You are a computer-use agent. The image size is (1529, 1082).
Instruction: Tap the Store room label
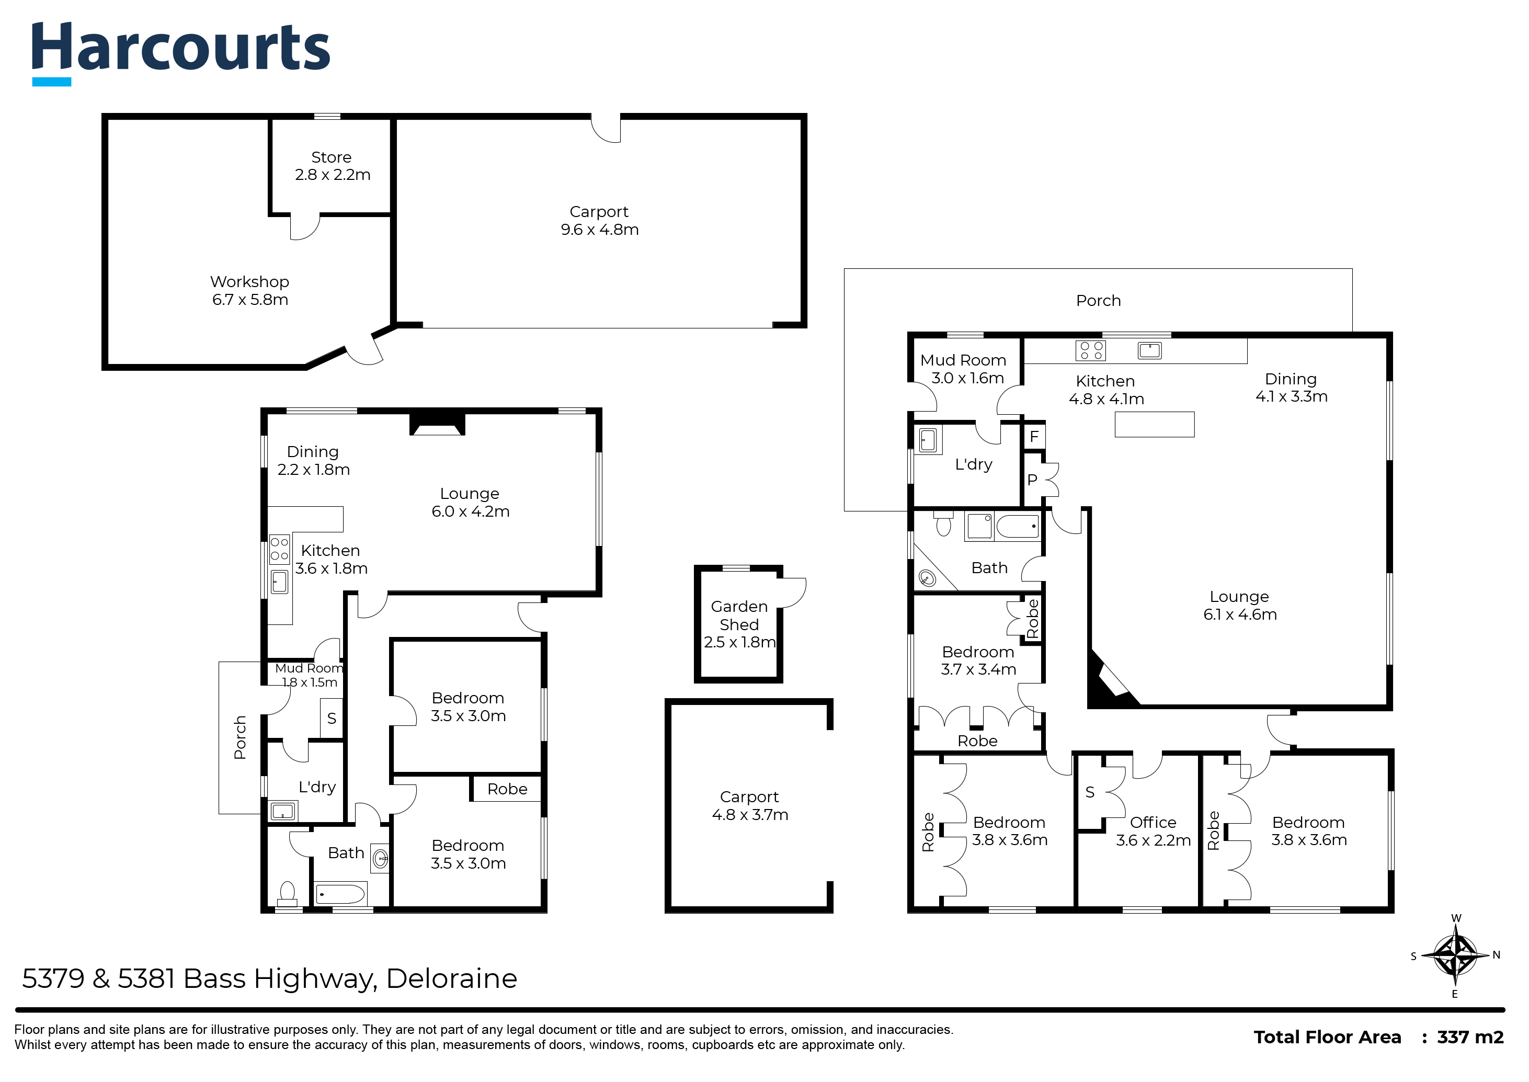332,166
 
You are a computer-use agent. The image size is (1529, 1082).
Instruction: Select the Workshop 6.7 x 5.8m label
250,290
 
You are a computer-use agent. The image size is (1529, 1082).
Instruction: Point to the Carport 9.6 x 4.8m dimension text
600,230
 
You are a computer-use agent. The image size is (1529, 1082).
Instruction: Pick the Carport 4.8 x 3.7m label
750,805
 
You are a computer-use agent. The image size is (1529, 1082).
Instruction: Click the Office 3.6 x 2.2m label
1153,832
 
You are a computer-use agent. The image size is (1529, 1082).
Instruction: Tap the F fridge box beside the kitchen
1034,436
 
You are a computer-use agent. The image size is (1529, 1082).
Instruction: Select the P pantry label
1032,480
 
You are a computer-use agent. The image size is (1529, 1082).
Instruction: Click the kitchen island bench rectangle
1155,425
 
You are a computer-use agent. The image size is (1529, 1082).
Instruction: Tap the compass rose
1455,956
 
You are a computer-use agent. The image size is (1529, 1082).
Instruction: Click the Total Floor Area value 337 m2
1470,1038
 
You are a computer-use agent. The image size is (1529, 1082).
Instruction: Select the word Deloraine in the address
452,979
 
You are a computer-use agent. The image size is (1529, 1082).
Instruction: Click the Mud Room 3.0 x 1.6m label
963,369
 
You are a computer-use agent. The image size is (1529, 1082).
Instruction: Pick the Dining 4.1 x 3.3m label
1291,388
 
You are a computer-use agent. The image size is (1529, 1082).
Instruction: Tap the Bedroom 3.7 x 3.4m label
978,661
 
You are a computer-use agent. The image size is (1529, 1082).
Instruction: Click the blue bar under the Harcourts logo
52,82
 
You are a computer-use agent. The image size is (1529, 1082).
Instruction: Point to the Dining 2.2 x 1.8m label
313,460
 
